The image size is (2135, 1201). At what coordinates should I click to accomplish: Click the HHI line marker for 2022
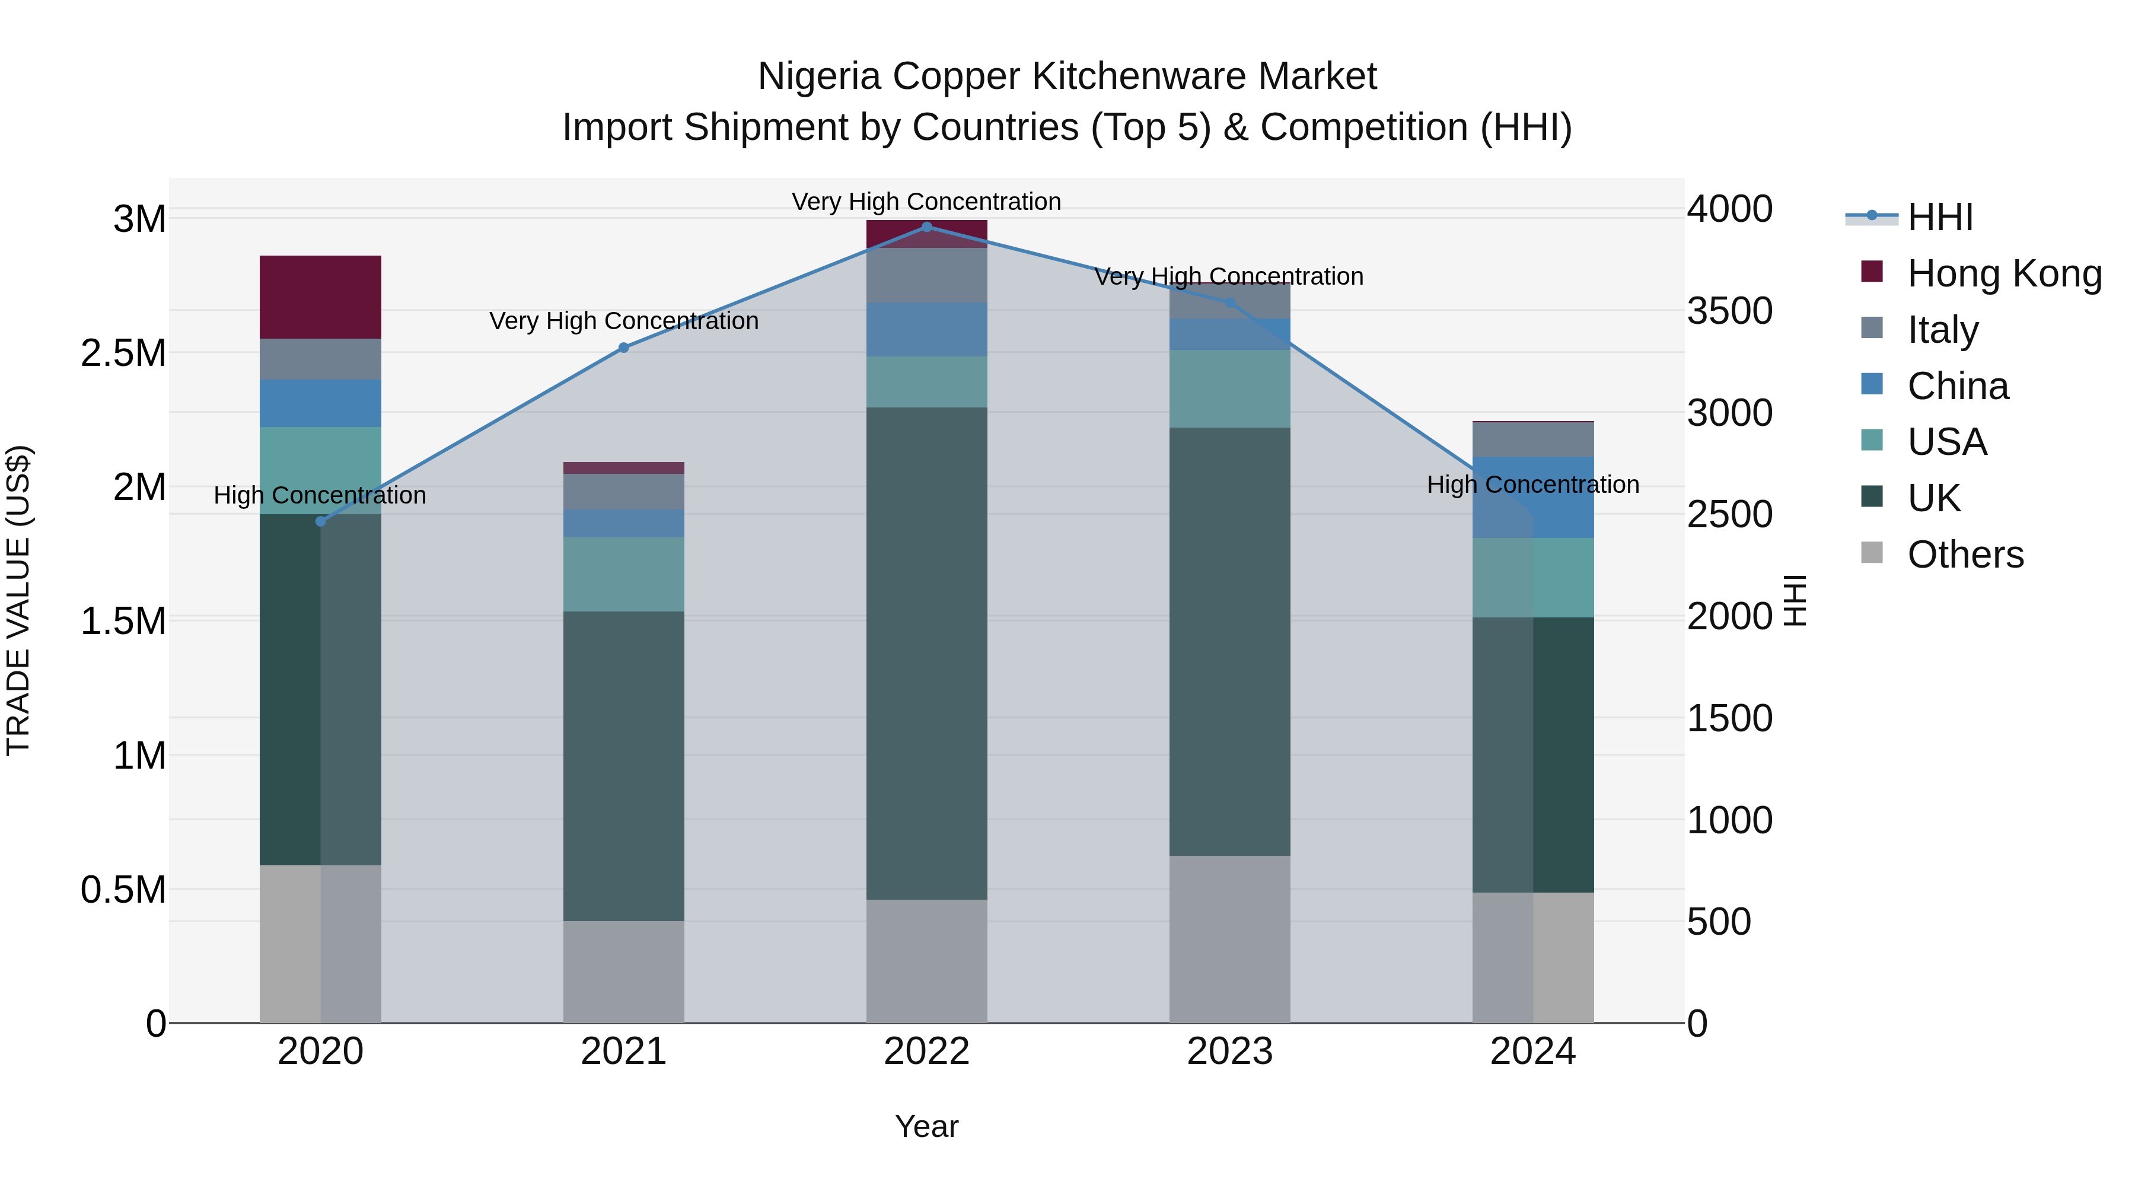[x=926, y=227]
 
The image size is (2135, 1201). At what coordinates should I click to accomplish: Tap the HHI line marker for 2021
[x=624, y=348]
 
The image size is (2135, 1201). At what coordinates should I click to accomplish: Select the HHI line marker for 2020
[x=321, y=521]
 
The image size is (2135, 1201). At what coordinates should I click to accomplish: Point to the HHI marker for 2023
[x=1230, y=303]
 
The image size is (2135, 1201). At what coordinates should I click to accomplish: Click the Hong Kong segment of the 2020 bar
[x=321, y=297]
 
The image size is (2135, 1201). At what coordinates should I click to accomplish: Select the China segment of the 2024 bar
[x=1532, y=498]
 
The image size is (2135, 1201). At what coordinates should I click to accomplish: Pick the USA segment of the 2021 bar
[x=624, y=574]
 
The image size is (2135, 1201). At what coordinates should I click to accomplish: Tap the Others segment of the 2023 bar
[x=1230, y=939]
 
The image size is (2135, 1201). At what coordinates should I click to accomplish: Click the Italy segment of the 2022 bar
[x=926, y=275]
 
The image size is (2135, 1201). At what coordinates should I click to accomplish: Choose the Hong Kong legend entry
[x=2004, y=273]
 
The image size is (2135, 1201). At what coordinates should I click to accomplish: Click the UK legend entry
[x=1933, y=498]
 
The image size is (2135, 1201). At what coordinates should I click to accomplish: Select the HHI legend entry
[x=1939, y=217]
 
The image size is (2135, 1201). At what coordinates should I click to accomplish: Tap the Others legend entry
[x=1965, y=555]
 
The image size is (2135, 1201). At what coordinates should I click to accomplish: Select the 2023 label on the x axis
[x=1230, y=1052]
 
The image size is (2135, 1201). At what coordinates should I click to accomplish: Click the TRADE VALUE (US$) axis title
[x=19, y=600]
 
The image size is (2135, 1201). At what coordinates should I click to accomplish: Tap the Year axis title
[x=926, y=1126]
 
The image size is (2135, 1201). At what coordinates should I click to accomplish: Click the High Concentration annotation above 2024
[x=1532, y=485]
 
